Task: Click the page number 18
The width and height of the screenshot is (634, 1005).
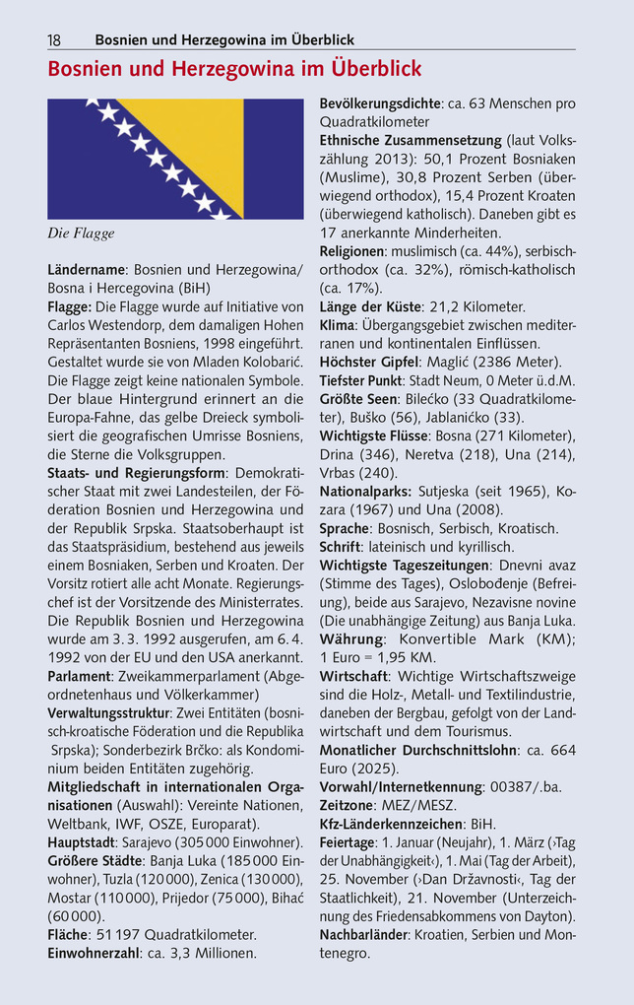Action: tap(54, 40)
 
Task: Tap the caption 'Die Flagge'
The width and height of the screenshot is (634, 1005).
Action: tap(82, 234)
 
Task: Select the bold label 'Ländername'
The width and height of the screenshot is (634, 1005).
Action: tap(87, 269)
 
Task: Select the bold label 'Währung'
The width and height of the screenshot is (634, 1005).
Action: tap(351, 638)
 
